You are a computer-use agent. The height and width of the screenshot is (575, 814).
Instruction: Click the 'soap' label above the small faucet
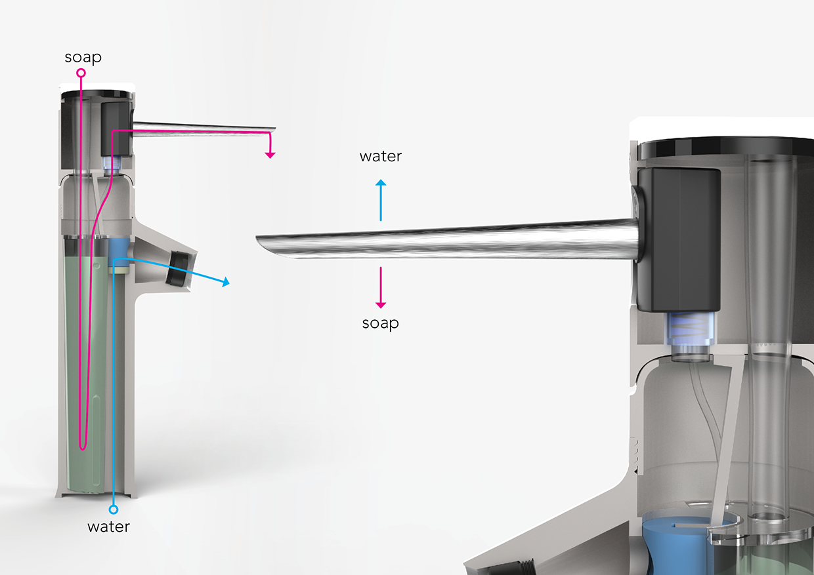[83, 58]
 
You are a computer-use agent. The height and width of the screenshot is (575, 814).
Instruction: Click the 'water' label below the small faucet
[109, 526]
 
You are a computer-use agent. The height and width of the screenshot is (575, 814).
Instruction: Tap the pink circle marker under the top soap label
[81, 74]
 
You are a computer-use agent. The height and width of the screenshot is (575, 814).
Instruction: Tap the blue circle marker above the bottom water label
[113, 509]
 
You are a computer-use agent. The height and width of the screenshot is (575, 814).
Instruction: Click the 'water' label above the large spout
[381, 156]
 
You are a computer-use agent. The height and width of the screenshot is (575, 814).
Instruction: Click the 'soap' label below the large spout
[381, 323]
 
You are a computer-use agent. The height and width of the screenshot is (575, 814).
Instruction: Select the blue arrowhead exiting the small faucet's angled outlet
[226, 283]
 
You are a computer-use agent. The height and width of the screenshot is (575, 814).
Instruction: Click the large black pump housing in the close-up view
[679, 239]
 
